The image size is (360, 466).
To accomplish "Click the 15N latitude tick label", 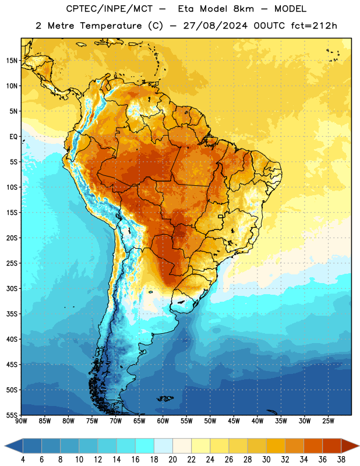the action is tap(12, 61).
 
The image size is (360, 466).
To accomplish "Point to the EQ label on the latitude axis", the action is tap(13, 137).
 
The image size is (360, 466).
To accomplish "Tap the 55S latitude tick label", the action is tap(12, 415).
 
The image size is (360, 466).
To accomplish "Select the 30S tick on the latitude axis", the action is tap(12, 288).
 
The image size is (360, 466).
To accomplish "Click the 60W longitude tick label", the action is tap(163, 421).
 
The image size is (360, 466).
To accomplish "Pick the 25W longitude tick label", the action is tap(328, 421).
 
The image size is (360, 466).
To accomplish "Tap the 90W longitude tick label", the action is tap(21, 421).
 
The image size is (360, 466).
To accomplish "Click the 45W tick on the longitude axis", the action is tap(234, 421).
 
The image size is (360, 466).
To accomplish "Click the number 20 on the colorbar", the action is tap(172, 460).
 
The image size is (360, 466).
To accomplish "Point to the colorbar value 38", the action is tap(341, 460).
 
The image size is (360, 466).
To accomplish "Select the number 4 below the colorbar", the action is tap(23, 460).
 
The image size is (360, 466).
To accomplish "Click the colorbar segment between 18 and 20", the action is tap(163, 446).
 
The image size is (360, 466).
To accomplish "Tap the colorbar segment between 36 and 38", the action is tap(332, 446).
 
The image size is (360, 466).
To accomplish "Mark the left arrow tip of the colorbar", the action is tap(5, 446).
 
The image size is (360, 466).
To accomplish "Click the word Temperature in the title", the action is tap(111, 26).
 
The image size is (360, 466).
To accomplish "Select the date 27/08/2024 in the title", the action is tap(215, 26).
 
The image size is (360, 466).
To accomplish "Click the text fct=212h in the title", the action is tap(314, 26).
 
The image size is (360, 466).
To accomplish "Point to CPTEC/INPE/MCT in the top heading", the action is tap(110, 9).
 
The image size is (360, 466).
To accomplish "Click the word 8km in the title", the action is tap(243, 9).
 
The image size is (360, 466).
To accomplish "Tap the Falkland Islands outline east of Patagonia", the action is tap(165, 398).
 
